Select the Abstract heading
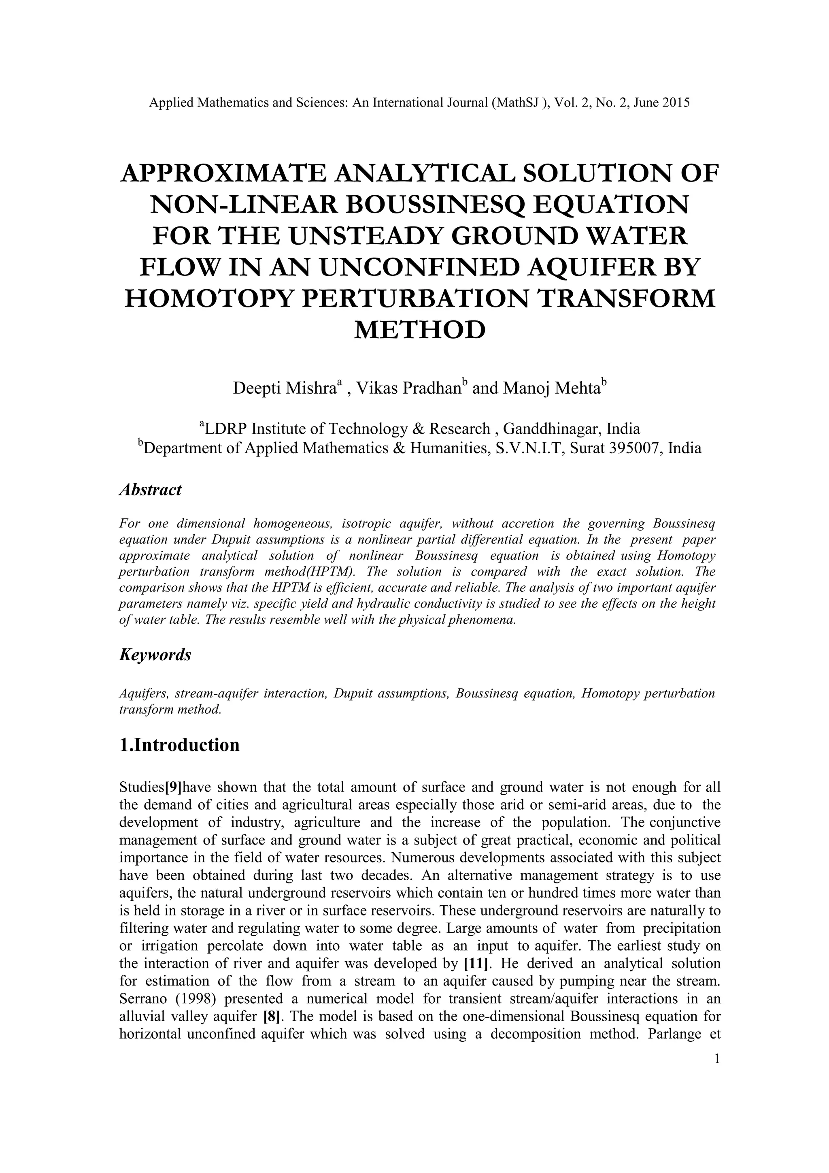pyautogui.click(x=150, y=490)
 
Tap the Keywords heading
pyautogui.click(x=155, y=655)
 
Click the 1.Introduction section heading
pyautogui.click(x=179, y=745)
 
